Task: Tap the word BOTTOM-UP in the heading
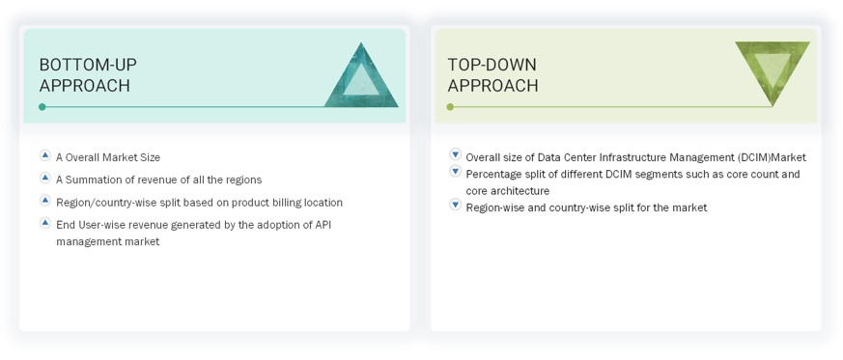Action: pyautogui.click(x=88, y=65)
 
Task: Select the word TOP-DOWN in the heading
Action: pyautogui.click(x=492, y=65)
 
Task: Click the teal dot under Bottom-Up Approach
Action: pyautogui.click(x=42, y=107)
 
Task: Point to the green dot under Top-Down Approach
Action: pyautogui.click(x=450, y=107)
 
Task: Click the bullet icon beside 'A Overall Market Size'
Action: pyautogui.click(x=45, y=155)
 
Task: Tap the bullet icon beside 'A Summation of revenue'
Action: pyautogui.click(x=45, y=178)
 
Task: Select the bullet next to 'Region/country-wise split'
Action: pyautogui.click(x=45, y=201)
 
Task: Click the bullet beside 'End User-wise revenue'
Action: pyautogui.click(x=45, y=222)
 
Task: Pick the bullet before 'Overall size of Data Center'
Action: pyautogui.click(x=456, y=154)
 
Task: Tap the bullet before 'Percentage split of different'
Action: pyautogui.click(x=456, y=172)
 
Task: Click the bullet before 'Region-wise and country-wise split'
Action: pyautogui.click(x=456, y=205)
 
